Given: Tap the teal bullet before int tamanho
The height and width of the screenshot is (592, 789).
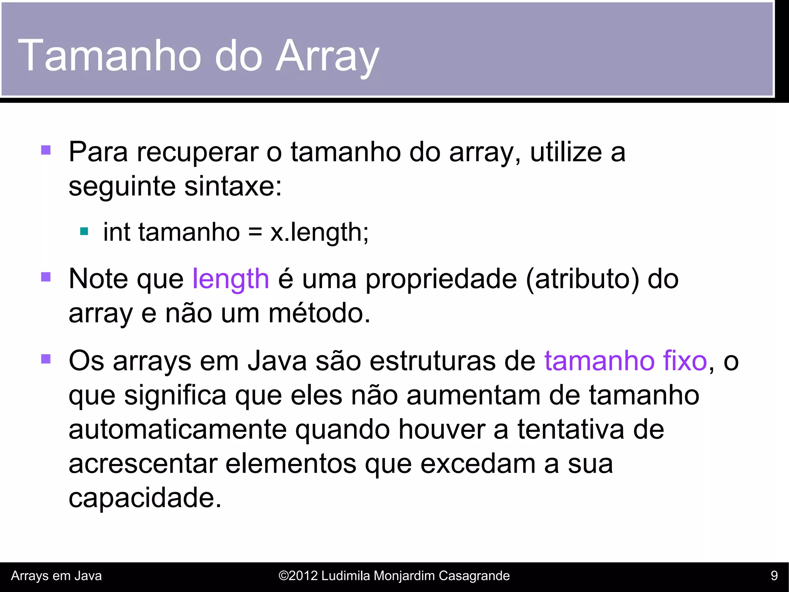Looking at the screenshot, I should [x=84, y=232].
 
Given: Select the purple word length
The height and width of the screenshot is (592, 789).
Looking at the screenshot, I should [x=230, y=279].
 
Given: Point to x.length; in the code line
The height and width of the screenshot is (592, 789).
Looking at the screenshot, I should [x=319, y=232].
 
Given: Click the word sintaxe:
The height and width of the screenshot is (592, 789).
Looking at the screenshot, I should [x=233, y=187].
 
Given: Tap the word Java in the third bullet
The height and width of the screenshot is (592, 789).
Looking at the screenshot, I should [x=277, y=361].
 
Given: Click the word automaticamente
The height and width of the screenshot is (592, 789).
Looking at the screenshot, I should [x=178, y=429].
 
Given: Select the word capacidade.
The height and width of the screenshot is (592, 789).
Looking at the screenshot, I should [x=145, y=498].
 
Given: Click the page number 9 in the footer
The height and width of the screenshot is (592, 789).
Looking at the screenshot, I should [x=774, y=576].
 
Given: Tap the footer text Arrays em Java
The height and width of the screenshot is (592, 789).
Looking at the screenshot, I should [x=56, y=576].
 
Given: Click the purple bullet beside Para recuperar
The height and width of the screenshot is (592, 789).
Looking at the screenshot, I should [x=46, y=150].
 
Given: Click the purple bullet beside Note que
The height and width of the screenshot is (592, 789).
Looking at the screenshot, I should [x=46, y=277].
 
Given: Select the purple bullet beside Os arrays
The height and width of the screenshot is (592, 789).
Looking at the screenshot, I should [x=46, y=359].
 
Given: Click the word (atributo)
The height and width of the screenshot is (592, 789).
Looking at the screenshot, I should [x=582, y=279].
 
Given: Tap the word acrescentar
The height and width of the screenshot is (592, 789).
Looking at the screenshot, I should [x=143, y=464].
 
